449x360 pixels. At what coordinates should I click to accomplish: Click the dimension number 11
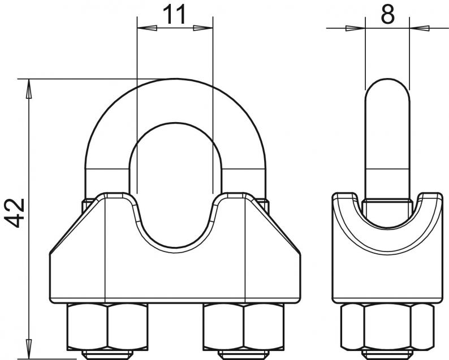coord(174,15)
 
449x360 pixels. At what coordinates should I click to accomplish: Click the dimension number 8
coord(388,14)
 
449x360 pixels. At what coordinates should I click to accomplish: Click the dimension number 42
coord(15,212)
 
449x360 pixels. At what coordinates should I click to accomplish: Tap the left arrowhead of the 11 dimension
coord(147,28)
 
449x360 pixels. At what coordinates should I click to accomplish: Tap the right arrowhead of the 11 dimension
coord(203,28)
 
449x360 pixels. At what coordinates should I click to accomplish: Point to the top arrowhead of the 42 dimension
coord(29,89)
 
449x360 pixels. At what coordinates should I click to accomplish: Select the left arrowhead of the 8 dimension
coord(355,28)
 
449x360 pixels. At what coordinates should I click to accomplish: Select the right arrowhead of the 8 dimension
coord(420,28)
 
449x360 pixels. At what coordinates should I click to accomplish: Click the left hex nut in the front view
coord(107,327)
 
